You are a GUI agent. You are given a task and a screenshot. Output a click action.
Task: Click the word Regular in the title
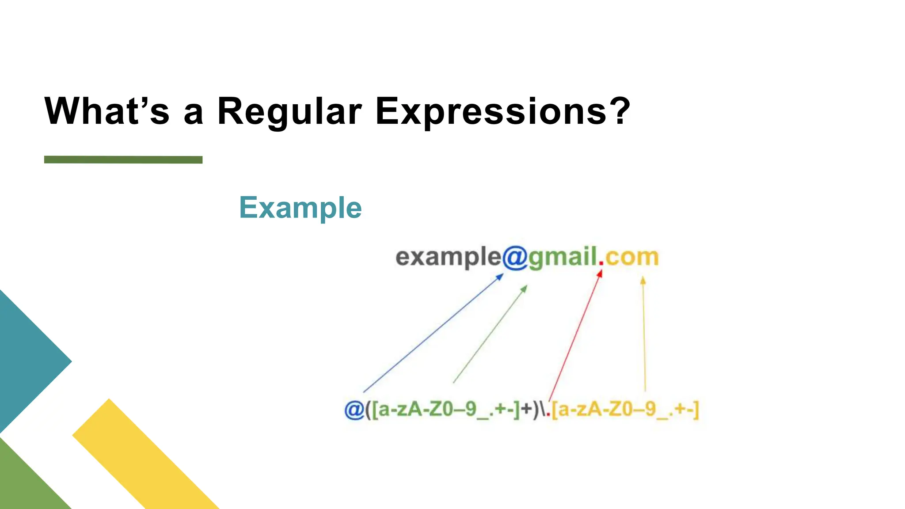tap(289, 111)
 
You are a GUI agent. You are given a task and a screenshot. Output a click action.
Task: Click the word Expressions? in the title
tap(502, 111)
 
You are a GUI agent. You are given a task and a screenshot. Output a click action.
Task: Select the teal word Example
tap(300, 208)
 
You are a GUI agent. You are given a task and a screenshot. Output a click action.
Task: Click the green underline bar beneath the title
tap(123, 160)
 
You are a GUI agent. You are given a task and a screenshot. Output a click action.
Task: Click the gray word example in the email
tap(448, 257)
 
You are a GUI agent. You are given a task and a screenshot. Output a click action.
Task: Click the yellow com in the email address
tap(632, 257)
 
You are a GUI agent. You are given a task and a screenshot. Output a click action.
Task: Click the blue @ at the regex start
tap(354, 410)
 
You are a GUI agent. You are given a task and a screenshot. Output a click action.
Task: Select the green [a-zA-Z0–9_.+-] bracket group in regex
tap(446, 410)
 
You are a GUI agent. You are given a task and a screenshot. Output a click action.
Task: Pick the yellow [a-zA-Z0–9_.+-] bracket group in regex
tap(625, 410)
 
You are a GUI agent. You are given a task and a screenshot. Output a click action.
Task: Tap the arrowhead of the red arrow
tap(600, 273)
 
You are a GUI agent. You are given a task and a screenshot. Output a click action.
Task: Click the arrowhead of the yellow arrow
tap(643, 280)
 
